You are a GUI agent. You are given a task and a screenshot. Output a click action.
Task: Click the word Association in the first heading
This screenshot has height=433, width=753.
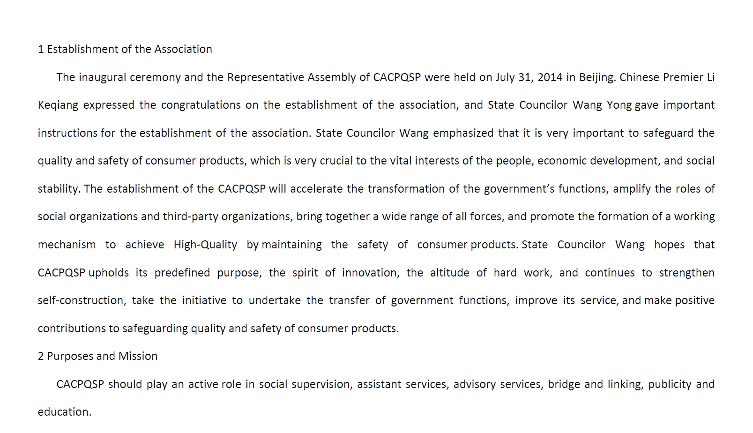(183, 49)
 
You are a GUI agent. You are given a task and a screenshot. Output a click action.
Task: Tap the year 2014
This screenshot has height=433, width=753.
(550, 77)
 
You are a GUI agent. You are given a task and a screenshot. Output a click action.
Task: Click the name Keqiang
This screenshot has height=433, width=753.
(58, 105)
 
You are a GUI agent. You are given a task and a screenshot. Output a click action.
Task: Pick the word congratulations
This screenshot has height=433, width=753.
(201, 105)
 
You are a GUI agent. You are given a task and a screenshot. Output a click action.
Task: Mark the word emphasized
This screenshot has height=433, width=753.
(463, 133)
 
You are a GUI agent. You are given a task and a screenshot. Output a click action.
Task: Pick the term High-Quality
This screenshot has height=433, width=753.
(205, 245)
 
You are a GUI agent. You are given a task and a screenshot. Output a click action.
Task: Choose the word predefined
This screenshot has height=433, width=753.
(183, 273)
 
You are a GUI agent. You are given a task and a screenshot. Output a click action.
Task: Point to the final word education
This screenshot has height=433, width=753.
(64, 412)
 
